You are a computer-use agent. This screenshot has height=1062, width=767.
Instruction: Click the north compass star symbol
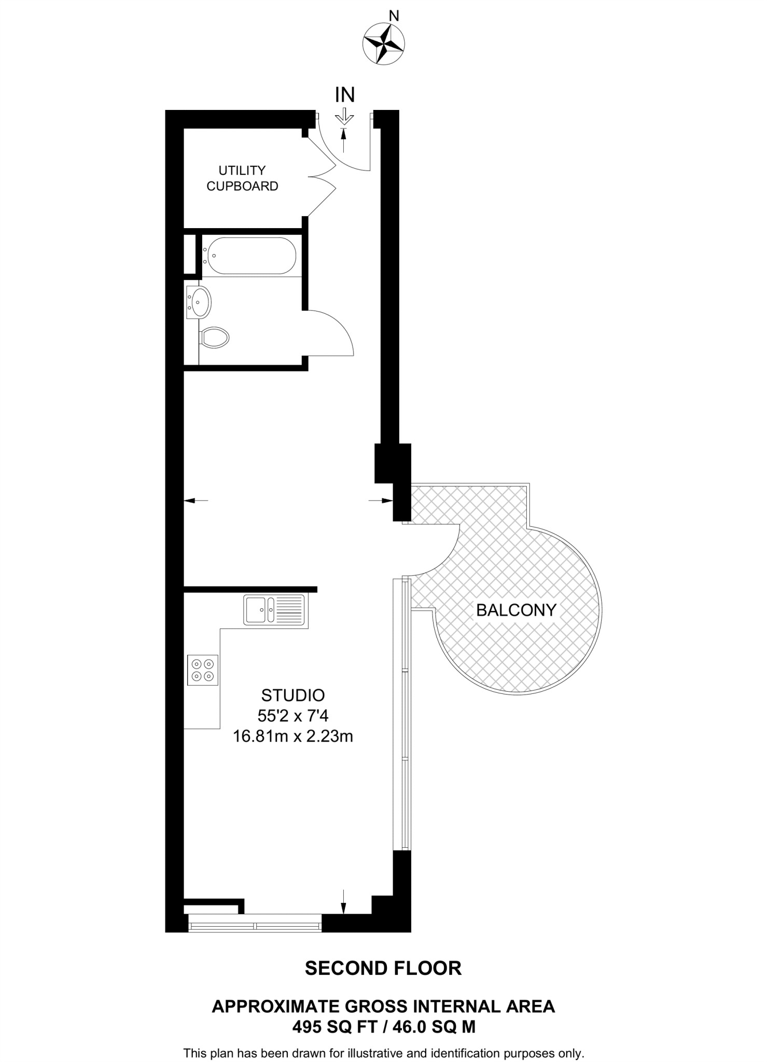coord(383,43)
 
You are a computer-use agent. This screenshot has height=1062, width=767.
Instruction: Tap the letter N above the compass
coord(394,16)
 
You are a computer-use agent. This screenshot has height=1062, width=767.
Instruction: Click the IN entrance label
coord(345,95)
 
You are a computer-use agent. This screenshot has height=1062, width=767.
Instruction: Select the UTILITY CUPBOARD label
coord(242,178)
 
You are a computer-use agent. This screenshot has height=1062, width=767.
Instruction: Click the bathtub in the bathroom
coord(249,255)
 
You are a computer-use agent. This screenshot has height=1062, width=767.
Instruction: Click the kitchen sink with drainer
coord(274,609)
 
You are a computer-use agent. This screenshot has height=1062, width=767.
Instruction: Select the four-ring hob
coord(203,670)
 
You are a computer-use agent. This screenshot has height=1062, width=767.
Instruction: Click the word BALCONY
coord(516,610)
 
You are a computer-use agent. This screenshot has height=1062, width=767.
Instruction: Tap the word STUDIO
coord(293,695)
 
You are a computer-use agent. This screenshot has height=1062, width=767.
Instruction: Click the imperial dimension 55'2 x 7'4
coord(293,716)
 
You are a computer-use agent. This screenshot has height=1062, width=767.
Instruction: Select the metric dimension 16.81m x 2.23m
coord(293,736)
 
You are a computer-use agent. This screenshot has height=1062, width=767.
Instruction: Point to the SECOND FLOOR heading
coord(383,968)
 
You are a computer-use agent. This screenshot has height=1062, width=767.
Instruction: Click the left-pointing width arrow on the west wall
coord(196,500)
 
